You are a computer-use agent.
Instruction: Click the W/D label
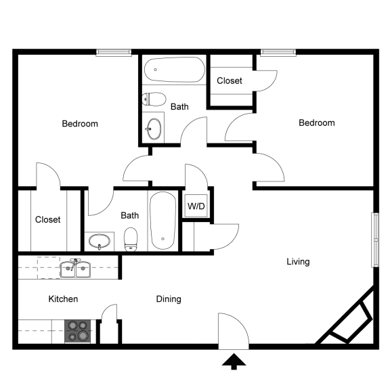196,205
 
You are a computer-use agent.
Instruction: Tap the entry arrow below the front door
234,363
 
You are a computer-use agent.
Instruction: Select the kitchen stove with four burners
78,330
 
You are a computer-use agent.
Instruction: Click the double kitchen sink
76,270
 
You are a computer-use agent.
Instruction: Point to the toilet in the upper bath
154,99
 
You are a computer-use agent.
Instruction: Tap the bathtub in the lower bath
163,221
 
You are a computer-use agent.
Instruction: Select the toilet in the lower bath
131,239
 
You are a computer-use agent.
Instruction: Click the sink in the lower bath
100,241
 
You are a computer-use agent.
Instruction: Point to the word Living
298,261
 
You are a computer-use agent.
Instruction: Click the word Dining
169,298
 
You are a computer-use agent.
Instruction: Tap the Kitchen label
63,298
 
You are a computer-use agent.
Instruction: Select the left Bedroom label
80,124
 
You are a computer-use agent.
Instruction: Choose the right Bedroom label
317,123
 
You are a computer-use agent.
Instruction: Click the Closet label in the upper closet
230,81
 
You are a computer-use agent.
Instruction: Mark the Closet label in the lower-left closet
47,219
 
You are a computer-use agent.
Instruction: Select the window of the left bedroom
114,52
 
